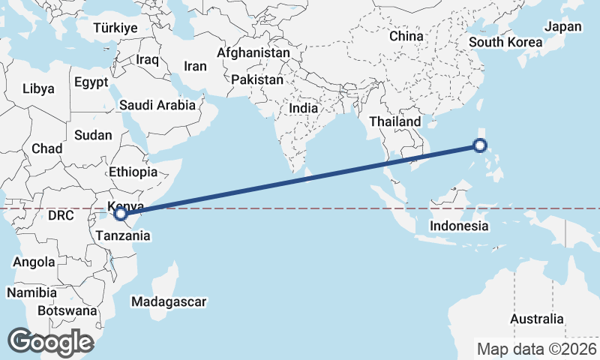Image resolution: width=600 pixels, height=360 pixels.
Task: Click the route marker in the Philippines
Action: pyautogui.click(x=481, y=146)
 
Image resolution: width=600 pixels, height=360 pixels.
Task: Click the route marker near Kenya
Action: pyautogui.click(x=120, y=214)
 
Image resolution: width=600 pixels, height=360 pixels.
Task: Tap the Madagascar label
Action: pyautogui.click(x=168, y=301)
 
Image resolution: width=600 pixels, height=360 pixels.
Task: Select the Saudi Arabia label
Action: pyautogui.click(x=157, y=106)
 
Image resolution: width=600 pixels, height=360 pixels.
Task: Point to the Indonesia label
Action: pyautogui.click(x=460, y=226)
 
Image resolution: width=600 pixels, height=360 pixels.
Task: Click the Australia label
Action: pyautogui.click(x=536, y=319)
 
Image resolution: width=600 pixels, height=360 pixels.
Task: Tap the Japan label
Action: pyautogui.click(x=562, y=27)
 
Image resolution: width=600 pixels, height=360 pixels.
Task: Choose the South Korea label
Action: pyautogui.click(x=505, y=42)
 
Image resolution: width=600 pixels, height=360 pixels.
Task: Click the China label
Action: pyautogui.click(x=406, y=36)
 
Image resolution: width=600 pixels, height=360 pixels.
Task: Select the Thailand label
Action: pyautogui.click(x=394, y=121)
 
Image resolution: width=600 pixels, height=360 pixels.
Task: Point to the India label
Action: pyautogui.click(x=304, y=108)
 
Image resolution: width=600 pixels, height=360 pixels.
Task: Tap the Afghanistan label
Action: pyautogui.click(x=253, y=53)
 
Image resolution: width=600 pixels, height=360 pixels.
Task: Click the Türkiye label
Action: pyautogui.click(x=115, y=28)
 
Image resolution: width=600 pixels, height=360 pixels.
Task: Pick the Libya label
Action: pyautogui.click(x=38, y=88)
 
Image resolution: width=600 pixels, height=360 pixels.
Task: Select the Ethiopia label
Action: pyautogui.click(x=133, y=172)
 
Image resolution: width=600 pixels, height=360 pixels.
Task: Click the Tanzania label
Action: pyautogui.click(x=123, y=235)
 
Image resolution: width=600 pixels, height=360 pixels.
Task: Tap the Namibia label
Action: pyautogui.click(x=31, y=292)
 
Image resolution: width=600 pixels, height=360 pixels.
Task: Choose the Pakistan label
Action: pyautogui.click(x=257, y=79)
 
